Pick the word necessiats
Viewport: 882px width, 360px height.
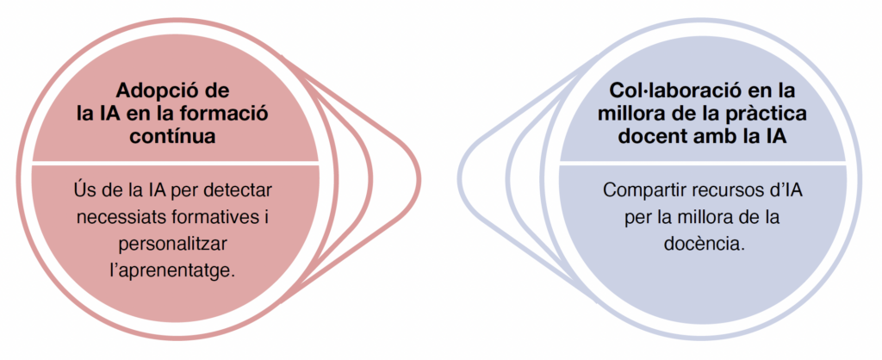(118, 213)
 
